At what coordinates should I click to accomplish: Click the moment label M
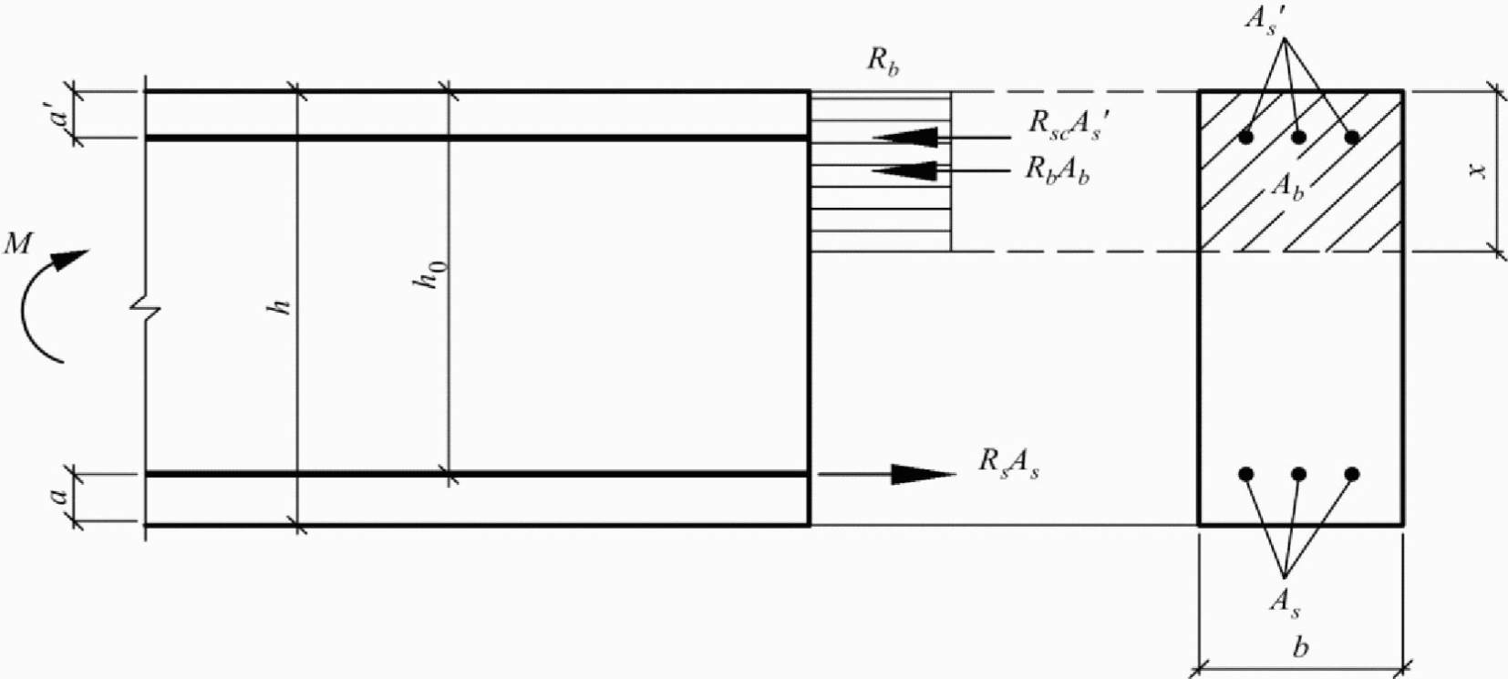click(18, 243)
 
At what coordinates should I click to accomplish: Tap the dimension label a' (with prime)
click(60, 115)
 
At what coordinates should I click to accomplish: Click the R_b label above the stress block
click(883, 63)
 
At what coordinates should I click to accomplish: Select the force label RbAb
click(1058, 170)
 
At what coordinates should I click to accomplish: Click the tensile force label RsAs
click(1008, 464)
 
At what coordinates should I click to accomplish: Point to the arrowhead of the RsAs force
click(924, 475)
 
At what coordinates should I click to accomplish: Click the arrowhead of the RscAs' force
click(905, 138)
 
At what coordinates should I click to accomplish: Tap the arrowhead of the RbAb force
click(905, 171)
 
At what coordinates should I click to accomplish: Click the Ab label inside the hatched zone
click(1287, 187)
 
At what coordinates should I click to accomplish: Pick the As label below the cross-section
click(1285, 603)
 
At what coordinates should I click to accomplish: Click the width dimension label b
click(1301, 647)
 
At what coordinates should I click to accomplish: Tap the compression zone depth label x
click(1477, 171)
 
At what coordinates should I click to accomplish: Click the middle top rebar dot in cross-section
click(1299, 138)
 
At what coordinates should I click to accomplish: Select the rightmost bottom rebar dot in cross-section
click(1352, 475)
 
